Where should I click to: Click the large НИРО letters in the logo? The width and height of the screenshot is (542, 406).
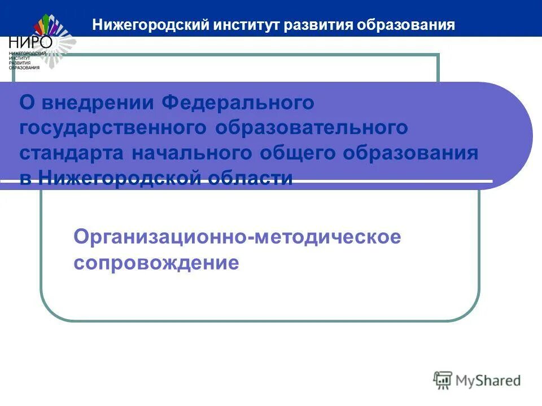tap(30, 42)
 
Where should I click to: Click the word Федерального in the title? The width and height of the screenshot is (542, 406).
tap(238, 103)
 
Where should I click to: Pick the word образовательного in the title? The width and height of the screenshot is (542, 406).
tap(311, 128)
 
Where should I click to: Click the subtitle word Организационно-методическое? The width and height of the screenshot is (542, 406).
tap(237, 237)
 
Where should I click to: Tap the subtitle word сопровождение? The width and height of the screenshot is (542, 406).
tap(156, 263)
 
